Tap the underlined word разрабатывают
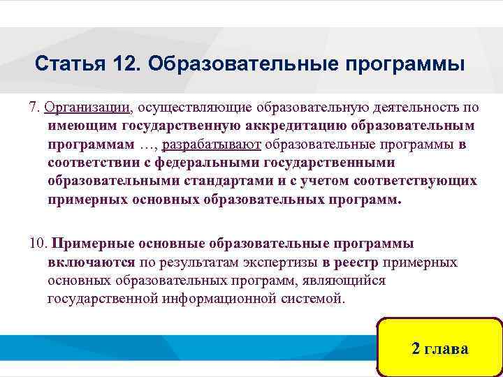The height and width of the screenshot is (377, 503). point(221,145)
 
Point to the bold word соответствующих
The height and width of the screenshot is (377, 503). point(416,181)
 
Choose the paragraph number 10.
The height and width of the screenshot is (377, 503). point(37,244)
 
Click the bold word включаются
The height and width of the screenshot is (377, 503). point(91,263)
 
